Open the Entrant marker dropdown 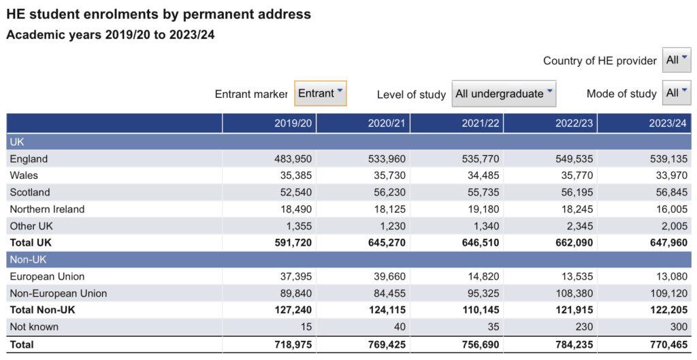[320, 93]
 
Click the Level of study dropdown [504, 94]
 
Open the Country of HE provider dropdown [677, 60]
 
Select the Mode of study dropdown [677, 93]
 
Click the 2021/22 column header [480, 123]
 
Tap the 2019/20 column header [293, 123]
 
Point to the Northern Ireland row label [47, 210]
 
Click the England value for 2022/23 [574, 159]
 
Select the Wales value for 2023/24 [671, 176]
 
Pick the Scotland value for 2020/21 [389, 193]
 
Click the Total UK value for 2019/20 [293, 243]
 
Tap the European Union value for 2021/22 [483, 276]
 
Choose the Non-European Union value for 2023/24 [668, 293]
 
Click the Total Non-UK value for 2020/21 [387, 310]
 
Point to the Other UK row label [31, 226]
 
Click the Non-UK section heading [28, 259]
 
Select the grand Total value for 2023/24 [668, 344]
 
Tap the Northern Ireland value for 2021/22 [483, 210]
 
